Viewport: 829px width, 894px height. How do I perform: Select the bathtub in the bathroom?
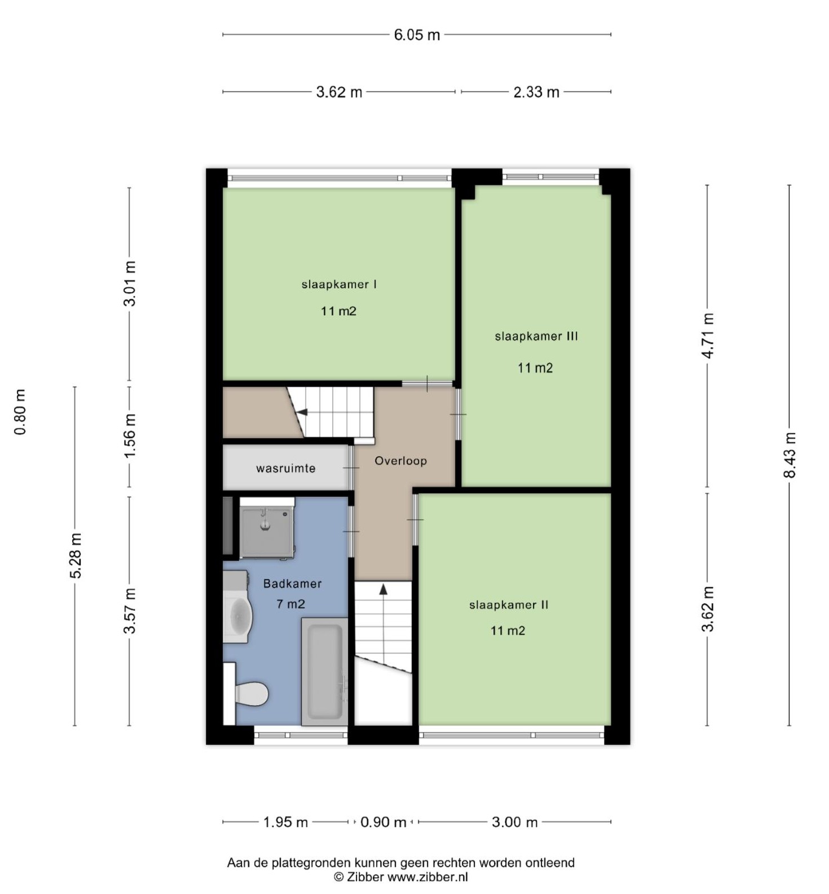tap(324, 671)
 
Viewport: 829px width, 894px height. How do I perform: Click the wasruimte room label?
tap(286, 468)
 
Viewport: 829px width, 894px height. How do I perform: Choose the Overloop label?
tap(401, 461)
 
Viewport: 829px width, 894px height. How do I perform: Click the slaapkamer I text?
tap(339, 284)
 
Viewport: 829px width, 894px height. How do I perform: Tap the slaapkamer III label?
tap(536, 336)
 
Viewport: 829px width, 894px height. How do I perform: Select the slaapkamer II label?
tap(509, 605)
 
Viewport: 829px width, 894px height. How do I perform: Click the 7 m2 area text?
tap(290, 604)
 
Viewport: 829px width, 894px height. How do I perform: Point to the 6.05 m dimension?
tap(417, 35)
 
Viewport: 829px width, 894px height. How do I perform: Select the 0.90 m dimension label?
tap(383, 822)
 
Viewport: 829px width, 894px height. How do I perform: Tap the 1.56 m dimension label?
tap(130, 435)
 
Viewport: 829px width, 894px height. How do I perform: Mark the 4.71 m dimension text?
tap(708, 335)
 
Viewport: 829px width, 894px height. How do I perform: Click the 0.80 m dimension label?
tap(20, 412)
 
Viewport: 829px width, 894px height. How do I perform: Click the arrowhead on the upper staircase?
tap(302, 412)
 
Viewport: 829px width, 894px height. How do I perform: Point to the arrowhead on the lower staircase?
tap(383, 590)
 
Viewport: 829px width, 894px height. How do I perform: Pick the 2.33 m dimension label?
tap(536, 92)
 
